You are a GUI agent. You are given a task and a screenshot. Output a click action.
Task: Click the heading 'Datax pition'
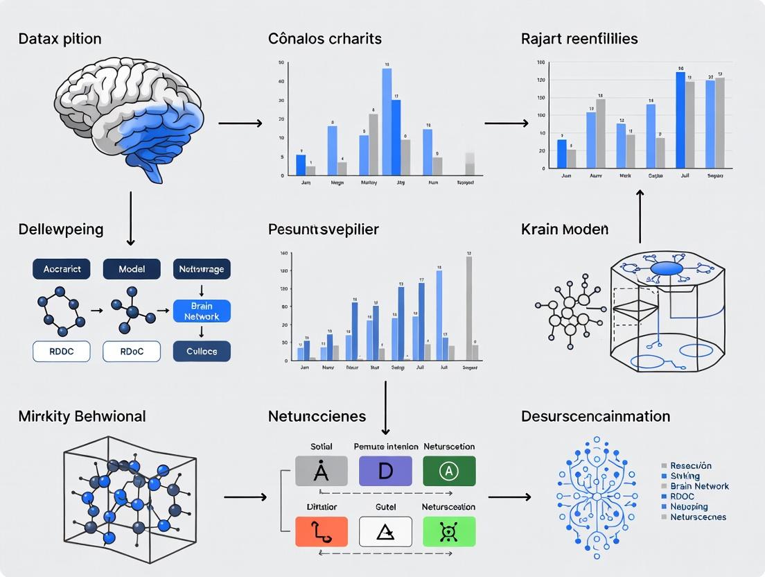60,38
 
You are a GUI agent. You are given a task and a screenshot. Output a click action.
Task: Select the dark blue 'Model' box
132,269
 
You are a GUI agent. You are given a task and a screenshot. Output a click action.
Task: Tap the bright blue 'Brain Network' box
201,311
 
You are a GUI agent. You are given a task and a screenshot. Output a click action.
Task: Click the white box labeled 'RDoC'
132,352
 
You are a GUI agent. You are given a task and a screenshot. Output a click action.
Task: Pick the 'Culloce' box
201,352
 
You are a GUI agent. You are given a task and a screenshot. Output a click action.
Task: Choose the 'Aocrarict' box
62,269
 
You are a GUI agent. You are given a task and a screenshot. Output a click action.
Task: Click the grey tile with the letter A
321,471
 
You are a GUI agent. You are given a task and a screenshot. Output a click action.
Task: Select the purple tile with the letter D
385,471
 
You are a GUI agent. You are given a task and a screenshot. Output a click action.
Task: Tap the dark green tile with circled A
449,471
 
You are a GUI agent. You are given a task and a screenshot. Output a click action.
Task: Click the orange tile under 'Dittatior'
321,532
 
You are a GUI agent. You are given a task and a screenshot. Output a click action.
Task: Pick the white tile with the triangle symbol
385,532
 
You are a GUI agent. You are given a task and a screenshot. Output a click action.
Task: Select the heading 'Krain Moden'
564,229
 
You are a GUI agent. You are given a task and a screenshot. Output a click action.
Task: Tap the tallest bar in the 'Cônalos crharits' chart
387,121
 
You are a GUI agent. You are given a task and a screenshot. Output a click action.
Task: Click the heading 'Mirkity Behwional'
82,416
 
